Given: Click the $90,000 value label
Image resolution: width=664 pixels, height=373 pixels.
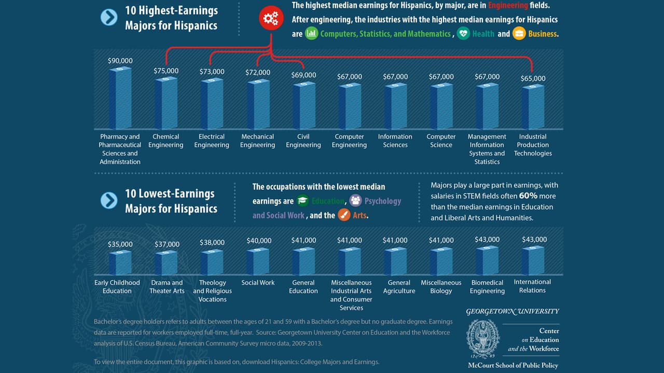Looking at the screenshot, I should tap(120, 61).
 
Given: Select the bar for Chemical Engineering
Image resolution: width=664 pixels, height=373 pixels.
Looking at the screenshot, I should tap(166, 104).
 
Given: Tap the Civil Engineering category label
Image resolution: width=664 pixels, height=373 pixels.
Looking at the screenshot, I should tap(303, 141).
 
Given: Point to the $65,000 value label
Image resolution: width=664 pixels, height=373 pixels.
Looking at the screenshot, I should tap(533, 79).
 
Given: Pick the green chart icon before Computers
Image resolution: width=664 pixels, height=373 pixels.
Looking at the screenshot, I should tap(311, 34).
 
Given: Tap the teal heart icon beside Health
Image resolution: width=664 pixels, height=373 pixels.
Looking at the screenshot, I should tap(463, 34).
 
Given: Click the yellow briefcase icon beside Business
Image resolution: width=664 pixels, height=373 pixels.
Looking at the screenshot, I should tap(519, 34).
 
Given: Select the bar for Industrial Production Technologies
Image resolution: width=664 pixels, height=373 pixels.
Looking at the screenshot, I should tap(533, 107).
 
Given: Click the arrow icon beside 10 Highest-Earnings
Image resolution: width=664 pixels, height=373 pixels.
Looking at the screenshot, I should tap(109, 18).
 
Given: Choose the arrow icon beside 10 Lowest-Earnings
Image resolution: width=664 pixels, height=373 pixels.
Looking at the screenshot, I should tap(109, 200).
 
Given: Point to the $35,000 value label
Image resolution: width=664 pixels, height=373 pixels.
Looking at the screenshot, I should tap(120, 244).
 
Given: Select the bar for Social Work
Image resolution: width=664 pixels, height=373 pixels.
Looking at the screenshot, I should tap(258, 262).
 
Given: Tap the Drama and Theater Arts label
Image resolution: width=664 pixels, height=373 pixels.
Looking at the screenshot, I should tap(167, 286).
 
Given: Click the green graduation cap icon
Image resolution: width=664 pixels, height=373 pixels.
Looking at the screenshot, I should tap(303, 201).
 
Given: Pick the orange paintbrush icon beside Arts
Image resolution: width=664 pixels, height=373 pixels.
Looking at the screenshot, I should tap(344, 215).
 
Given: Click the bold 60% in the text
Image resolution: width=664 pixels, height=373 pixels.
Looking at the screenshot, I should tap(528, 196).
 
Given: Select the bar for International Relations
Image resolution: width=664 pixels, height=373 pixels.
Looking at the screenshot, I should tap(533, 261).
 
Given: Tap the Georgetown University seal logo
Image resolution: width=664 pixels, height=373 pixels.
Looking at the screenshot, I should tap(483, 338).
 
